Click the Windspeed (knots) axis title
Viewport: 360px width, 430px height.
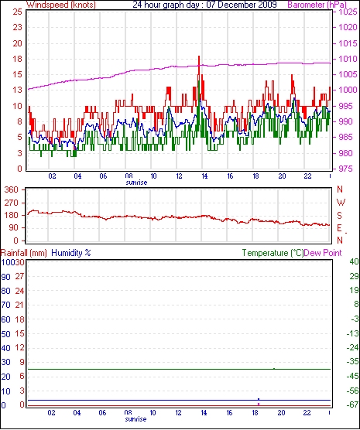(61, 5)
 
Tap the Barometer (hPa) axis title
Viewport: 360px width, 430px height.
(317, 5)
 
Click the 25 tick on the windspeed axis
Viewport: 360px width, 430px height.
(17, 12)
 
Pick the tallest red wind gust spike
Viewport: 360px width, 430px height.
(199, 56)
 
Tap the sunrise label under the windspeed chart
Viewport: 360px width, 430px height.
(136, 182)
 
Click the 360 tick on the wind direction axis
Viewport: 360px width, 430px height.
(12, 189)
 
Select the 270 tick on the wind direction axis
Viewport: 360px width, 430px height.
(12, 203)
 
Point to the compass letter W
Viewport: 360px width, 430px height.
(341, 203)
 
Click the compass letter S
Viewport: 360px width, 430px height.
(339, 216)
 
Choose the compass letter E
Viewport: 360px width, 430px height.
(339, 228)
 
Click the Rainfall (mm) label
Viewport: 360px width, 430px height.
(24, 253)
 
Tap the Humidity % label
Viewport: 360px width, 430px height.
(71, 253)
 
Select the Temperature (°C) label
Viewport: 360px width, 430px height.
(273, 253)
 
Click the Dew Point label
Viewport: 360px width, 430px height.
(323, 253)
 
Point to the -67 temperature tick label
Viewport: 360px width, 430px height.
(353, 404)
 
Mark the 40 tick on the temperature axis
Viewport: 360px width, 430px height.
(355, 261)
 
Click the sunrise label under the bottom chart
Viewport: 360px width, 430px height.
(135, 419)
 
